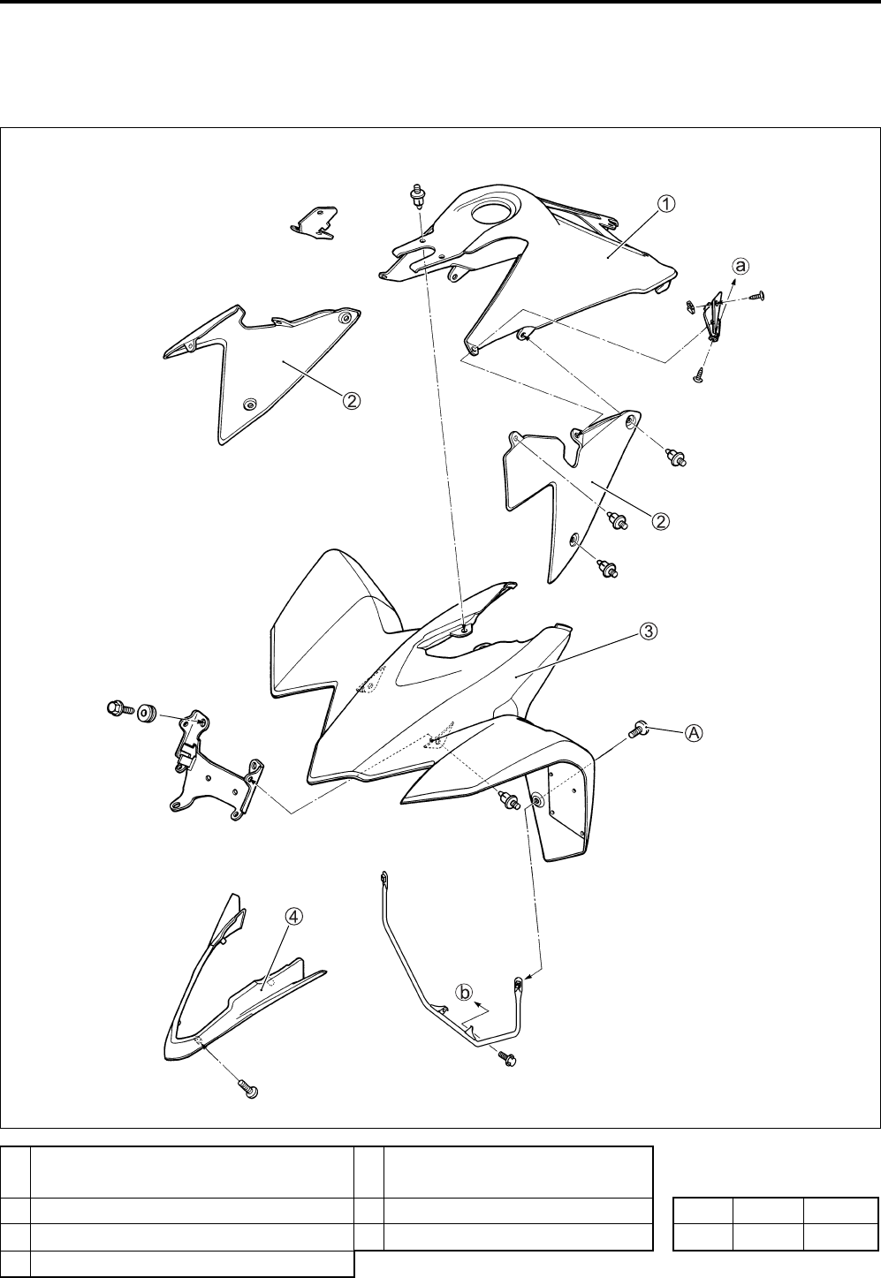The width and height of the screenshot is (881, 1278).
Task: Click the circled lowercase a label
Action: pos(741,264)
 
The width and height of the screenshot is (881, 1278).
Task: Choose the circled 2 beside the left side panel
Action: pos(351,400)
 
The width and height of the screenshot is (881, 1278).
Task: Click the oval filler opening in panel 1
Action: pos(489,213)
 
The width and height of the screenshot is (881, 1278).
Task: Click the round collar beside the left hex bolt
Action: pos(148,711)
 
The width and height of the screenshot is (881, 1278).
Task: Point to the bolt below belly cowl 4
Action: pos(248,1090)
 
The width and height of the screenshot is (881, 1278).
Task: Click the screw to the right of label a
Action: pos(757,297)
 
